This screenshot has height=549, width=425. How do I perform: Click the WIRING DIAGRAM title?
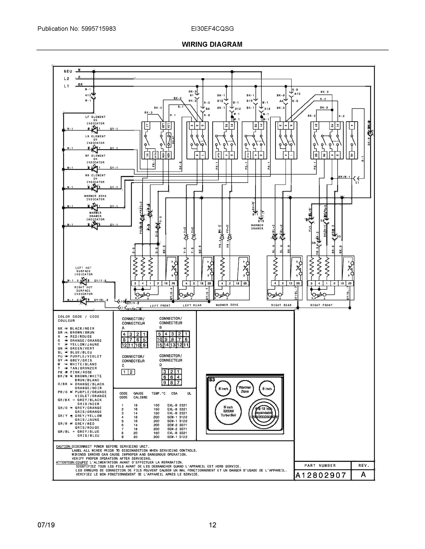(212, 45)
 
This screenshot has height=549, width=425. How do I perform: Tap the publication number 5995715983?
(99, 29)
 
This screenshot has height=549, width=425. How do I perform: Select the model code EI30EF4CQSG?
(212, 29)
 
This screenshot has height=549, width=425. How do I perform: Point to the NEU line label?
(68, 71)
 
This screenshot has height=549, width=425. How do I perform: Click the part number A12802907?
(321, 475)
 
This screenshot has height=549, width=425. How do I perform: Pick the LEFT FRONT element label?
(160, 306)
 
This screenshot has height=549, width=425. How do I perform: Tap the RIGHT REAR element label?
(281, 305)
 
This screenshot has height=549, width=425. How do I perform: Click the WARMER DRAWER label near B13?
(257, 227)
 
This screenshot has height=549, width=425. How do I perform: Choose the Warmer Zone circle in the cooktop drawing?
(245, 389)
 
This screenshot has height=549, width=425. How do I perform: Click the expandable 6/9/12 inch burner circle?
(264, 413)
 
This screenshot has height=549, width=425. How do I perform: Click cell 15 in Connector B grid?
(159, 345)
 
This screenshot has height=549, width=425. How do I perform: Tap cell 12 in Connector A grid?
(124, 345)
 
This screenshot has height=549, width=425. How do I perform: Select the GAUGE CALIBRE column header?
(139, 396)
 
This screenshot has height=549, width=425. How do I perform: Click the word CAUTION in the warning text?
(63, 447)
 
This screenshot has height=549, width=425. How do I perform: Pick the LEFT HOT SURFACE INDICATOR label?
(83, 271)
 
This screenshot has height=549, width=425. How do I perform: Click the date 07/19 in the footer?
(46, 525)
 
